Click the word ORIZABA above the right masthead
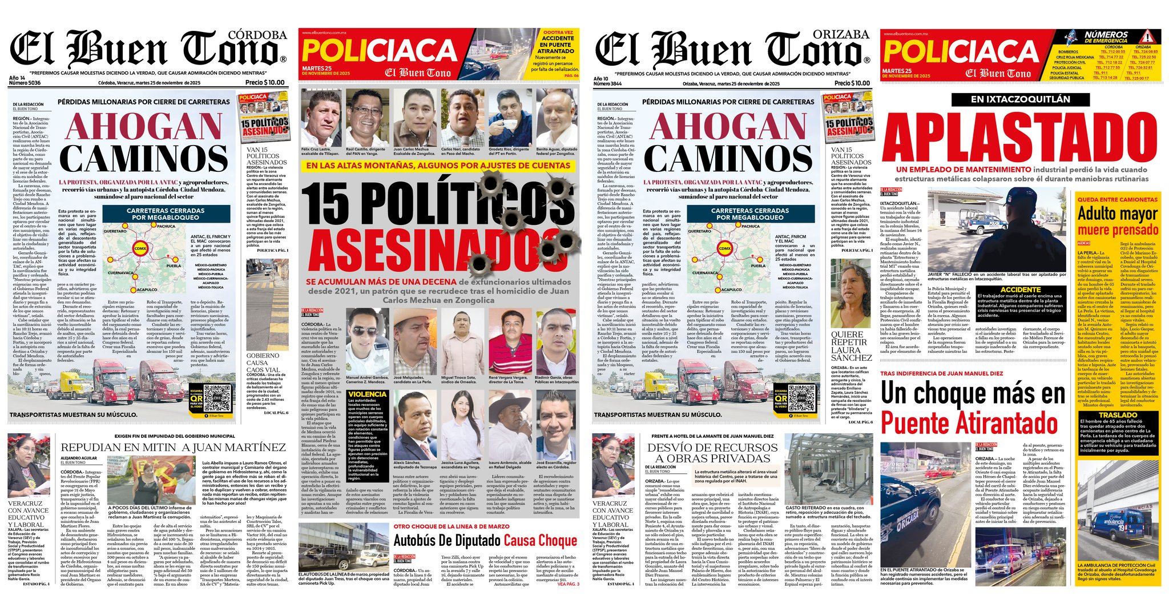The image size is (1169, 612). point(841,34)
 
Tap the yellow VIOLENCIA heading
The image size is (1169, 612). point(368,394)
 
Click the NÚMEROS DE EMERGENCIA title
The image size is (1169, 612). point(1106,37)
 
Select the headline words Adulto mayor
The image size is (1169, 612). point(1118,214)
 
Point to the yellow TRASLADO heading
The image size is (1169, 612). point(1118,415)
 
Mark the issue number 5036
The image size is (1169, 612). point(34,83)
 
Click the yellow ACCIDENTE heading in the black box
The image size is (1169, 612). point(1021,290)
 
